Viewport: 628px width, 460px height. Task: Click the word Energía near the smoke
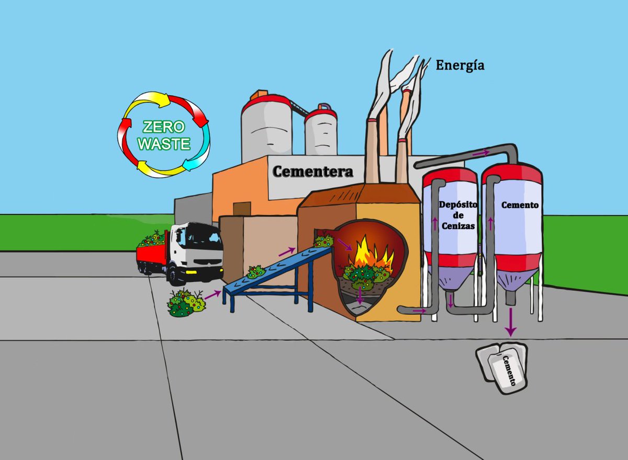(460, 66)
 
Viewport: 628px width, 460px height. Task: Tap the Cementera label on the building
(312, 171)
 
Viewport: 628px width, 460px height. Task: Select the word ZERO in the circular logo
(164, 127)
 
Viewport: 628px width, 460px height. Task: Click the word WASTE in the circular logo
(164, 144)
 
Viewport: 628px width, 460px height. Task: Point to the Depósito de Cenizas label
(458, 215)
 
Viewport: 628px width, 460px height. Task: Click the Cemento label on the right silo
(520, 205)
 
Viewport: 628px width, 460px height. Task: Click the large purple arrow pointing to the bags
(511, 322)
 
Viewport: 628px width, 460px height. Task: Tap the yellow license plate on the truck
(191, 272)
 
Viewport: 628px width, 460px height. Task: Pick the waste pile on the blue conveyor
(256, 272)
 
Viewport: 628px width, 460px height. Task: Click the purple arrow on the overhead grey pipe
(481, 153)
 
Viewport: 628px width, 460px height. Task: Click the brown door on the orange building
(242, 209)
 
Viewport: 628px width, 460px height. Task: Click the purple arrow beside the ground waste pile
(213, 295)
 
